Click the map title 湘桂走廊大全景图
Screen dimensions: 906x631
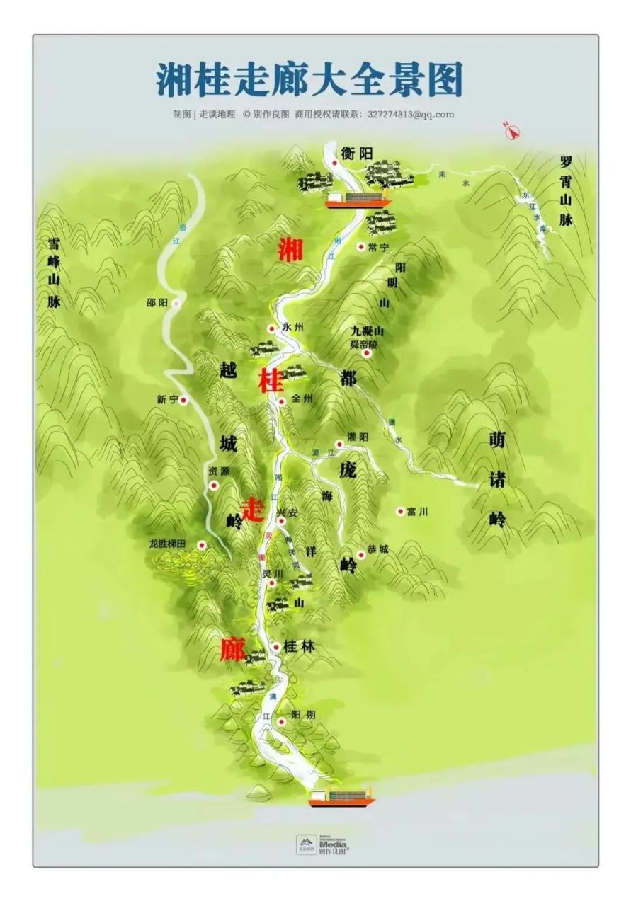coord(309,79)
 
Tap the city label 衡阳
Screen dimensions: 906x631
coord(356,154)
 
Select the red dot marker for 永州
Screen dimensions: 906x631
coord(271,328)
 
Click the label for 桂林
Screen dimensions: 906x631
coord(298,646)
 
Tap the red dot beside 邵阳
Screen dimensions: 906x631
coord(176,303)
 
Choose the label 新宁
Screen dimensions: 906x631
coord(167,400)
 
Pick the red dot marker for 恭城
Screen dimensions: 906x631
coord(361,555)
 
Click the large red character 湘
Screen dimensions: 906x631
coord(290,250)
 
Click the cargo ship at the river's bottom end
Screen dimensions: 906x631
coord(341,797)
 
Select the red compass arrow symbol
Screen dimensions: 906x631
coord(511,130)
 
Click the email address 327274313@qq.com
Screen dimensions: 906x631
coord(411,114)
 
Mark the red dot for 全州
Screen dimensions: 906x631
coord(281,401)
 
